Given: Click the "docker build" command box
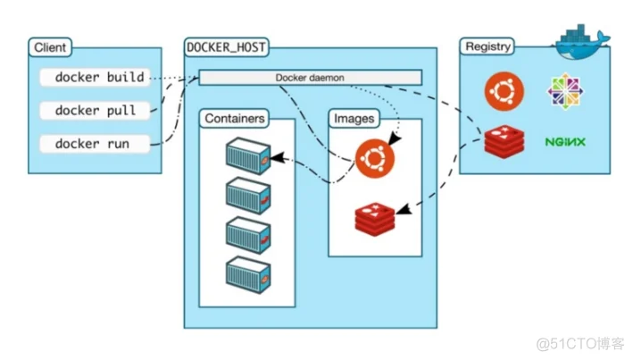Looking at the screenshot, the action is [x=95, y=77].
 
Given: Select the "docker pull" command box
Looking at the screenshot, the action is [x=95, y=110].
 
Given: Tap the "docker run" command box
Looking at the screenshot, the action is [x=95, y=144].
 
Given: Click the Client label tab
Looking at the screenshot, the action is [x=50, y=47].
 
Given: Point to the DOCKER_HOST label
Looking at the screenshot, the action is [x=227, y=47].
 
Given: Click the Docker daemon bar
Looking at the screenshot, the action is [x=310, y=78].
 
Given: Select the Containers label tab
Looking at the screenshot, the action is [x=234, y=119].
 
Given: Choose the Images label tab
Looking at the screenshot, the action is [x=354, y=119].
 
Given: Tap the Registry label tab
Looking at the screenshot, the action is [x=487, y=46].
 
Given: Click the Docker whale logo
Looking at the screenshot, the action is [x=581, y=43].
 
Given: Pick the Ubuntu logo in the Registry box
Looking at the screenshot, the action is [x=504, y=91].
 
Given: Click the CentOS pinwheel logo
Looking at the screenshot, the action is [x=565, y=91].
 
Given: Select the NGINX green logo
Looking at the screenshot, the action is [x=565, y=142].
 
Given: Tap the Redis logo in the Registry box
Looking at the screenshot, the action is [x=504, y=141].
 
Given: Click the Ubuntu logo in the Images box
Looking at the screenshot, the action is [x=375, y=158].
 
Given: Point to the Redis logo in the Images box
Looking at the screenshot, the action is [x=375, y=219].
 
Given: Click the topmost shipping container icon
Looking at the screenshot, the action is [x=248, y=156].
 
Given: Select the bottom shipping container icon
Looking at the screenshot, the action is [x=248, y=275].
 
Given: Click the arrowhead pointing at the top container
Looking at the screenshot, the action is [x=278, y=157].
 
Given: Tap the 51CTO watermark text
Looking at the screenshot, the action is [x=580, y=344].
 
